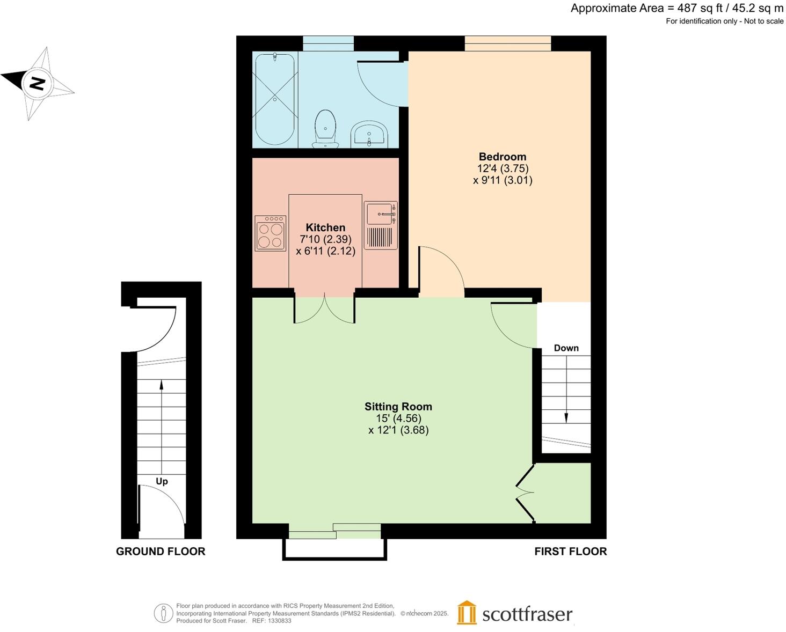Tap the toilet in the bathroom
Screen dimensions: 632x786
(325, 128)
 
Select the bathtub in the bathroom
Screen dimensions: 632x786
(274, 99)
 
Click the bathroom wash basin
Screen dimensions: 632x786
(368, 134)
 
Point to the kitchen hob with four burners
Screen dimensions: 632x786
(270, 234)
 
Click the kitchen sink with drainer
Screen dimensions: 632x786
(381, 225)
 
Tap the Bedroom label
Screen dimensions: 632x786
(502, 157)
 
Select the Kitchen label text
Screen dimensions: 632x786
(325, 227)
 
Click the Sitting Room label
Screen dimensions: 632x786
(398, 407)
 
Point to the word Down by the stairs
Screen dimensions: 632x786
(566, 348)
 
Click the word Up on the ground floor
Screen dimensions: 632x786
(162, 481)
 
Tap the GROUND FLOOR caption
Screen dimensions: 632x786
(161, 551)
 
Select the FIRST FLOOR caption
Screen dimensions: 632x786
(570, 551)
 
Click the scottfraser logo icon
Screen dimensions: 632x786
(467, 613)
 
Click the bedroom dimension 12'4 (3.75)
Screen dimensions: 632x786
(503, 168)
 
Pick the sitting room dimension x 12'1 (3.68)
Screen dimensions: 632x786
(398, 430)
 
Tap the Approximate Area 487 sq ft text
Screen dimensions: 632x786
(676, 8)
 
